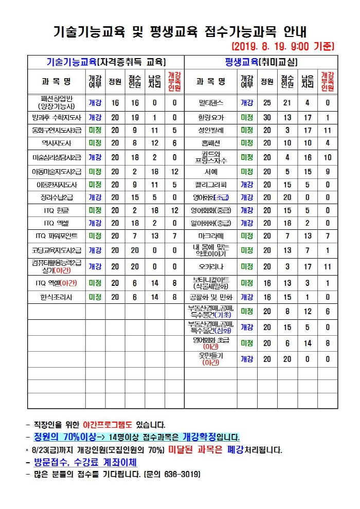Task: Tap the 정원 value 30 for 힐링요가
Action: (267, 117)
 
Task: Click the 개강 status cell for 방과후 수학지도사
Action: (95, 117)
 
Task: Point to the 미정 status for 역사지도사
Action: (95, 142)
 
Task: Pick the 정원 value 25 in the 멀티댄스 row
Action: (267, 103)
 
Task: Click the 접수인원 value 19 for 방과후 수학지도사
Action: (135, 117)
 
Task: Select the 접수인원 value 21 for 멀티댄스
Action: (287, 103)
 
